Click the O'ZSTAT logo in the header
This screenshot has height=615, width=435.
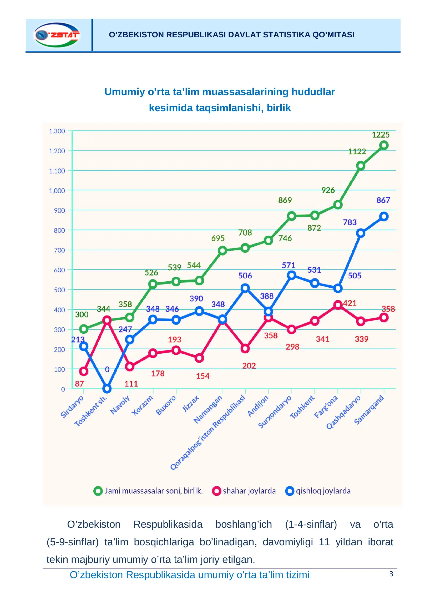[x=57, y=35]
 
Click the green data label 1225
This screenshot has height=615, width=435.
[x=380, y=135]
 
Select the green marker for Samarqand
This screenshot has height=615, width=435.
[x=384, y=145]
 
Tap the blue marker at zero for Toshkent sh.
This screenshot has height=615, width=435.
[x=107, y=388]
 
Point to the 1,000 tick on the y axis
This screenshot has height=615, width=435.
[x=57, y=191]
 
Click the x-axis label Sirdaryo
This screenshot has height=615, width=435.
[x=72, y=406]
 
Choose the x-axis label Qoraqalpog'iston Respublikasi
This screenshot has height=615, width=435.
[x=208, y=432]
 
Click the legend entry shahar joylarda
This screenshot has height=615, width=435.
[x=244, y=491]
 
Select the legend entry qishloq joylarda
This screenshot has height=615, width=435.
[x=318, y=491]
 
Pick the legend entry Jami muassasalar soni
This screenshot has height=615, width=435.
[x=148, y=491]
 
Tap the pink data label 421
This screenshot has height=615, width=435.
[x=350, y=303]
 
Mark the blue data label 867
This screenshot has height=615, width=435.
[x=383, y=200]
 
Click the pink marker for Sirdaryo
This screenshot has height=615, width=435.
[x=84, y=371]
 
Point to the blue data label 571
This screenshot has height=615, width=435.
[x=289, y=265]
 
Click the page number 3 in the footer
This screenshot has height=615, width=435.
[x=391, y=574]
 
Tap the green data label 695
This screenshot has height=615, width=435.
[x=218, y=238]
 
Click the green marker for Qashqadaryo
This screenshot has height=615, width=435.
[x=361, y=166]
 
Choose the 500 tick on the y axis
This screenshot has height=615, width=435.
[x=59, y=290]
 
